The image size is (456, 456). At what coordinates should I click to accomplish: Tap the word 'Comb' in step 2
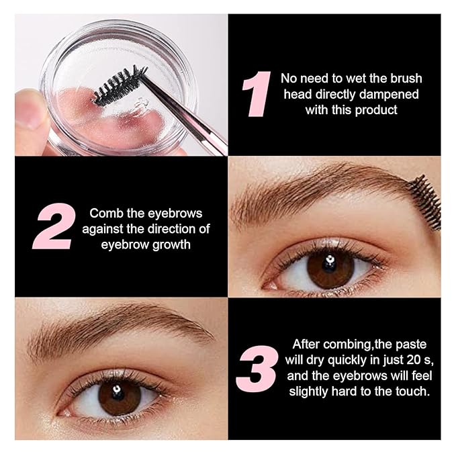pyautogui.click(x=105, y=214)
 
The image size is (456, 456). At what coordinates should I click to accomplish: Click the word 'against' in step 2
pyautogui.click(x=101, y=229)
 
